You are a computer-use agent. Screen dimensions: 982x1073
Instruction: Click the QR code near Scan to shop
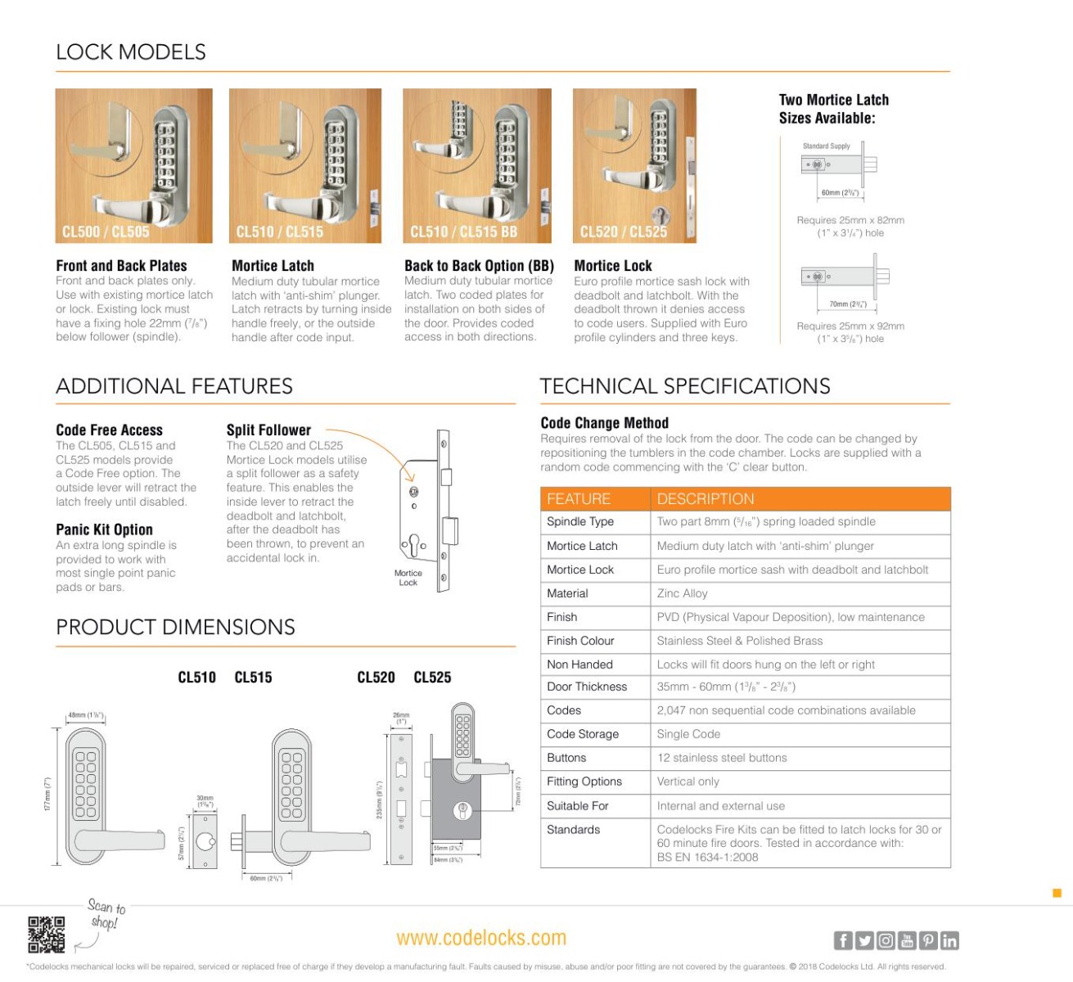click(46, 934)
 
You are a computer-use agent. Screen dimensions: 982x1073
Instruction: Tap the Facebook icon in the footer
click(842, 940)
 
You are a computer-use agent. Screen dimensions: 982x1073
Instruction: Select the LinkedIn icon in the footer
click(949, 940)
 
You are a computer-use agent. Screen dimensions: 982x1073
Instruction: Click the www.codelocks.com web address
click(480, 938)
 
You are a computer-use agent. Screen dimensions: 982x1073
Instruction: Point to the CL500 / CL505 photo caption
click(106, 232)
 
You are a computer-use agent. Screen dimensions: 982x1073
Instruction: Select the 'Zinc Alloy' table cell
click(682, 593)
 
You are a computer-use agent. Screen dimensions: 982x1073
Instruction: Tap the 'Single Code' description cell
click(688, 734)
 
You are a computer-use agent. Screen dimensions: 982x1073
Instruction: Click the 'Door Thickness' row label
click(587, 687)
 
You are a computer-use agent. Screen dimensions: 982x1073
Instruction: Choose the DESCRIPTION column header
click(705, 498)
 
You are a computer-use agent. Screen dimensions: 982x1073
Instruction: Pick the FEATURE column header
click(579, 498)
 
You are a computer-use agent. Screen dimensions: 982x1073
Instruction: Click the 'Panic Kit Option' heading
click(104, 529)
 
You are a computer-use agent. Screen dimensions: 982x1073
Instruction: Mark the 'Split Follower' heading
click(268, 430)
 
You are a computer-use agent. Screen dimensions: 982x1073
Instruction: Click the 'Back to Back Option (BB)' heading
click(479, 265)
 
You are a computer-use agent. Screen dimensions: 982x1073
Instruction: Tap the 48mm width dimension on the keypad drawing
click(85, 714)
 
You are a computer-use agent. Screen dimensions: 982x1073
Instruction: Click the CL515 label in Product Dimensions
click(253, 677)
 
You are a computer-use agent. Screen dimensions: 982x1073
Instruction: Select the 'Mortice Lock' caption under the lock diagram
click(408, 578)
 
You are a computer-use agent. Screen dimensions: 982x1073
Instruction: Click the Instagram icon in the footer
click(886, 940)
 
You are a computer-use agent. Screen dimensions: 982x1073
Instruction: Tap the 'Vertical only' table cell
click(688, 782)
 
